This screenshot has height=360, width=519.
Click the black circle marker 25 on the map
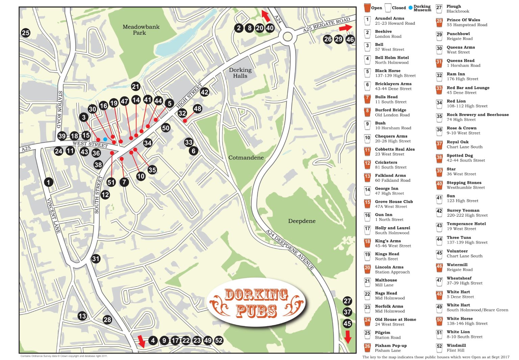click(x=26, y=33)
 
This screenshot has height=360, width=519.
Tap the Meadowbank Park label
click(x=141, y=30)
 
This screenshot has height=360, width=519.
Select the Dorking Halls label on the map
click(x=240, y=73)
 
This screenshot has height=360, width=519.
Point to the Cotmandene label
click(x=246, y=158)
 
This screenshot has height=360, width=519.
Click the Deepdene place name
click(x=302, y=221)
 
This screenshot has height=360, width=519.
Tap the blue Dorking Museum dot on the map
click(x=105, y=139)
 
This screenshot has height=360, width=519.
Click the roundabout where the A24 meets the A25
click(x=288, y=36)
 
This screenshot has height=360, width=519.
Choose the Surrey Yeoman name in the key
click(x=463, y=210)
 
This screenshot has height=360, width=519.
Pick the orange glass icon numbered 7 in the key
click(x=367, y=99)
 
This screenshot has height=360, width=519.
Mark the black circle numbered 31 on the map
click(x=96, y=259)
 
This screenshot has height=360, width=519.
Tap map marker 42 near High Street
click(x=204, y=92)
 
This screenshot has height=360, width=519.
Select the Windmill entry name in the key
click(x=456, y=345)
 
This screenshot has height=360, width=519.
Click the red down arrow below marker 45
click(x=348, y=337)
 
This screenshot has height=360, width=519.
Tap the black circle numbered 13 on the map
click(x=82, y=316)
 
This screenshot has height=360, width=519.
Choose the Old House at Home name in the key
click(x=395, y=319)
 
